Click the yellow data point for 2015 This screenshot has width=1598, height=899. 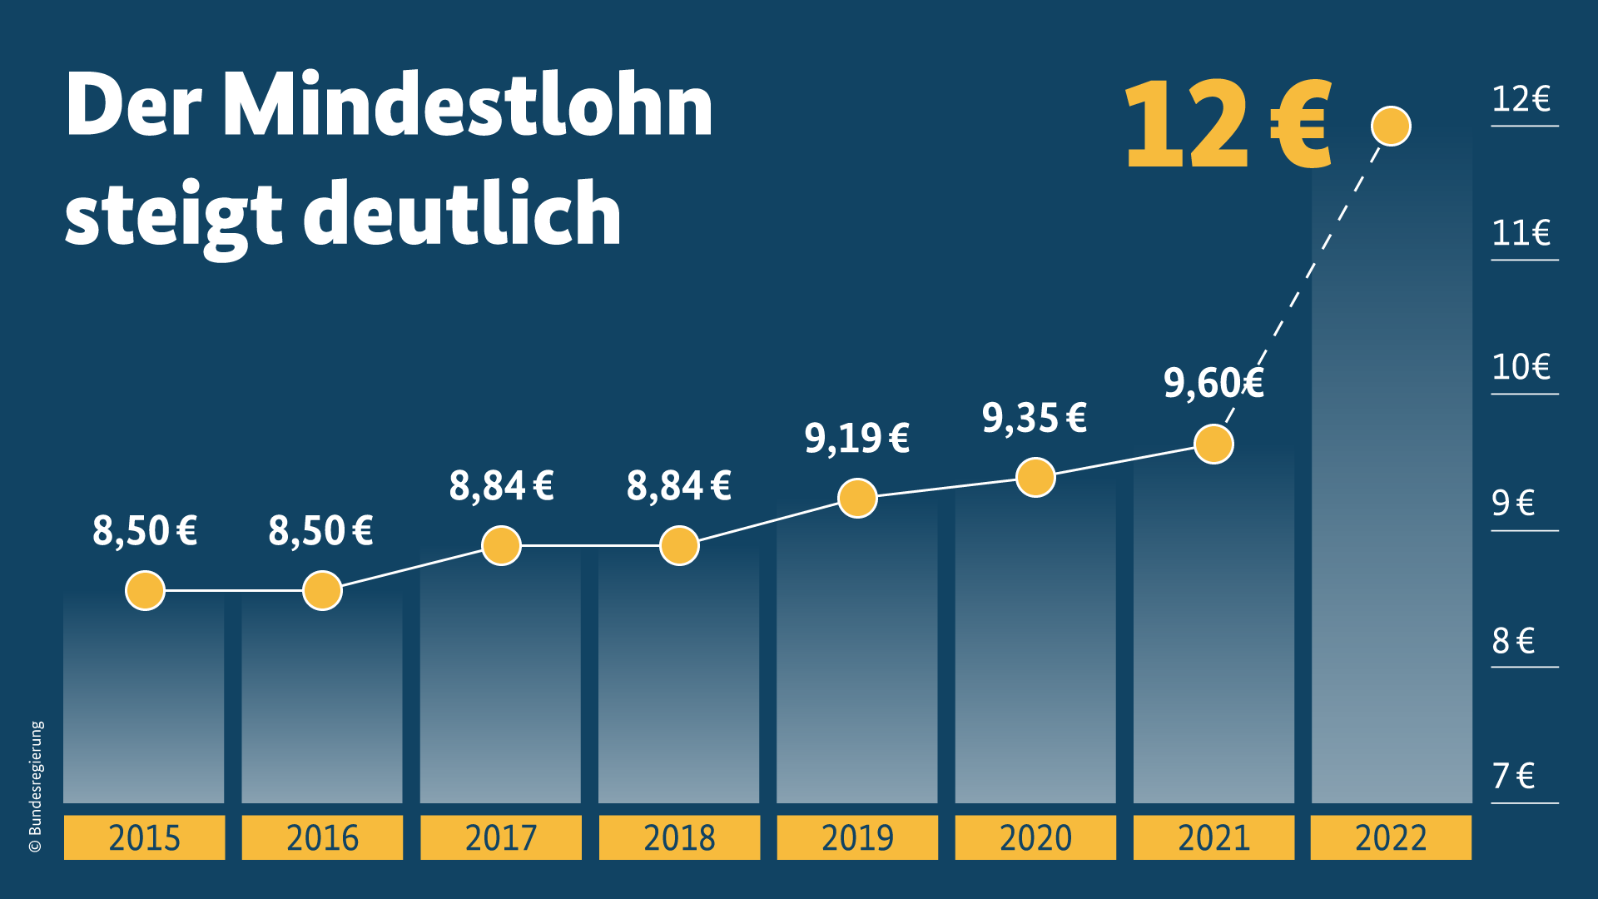(x=145, y=591)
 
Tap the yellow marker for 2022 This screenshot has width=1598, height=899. (x=1391, y=127)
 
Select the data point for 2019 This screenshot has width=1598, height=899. (x=857, y=499)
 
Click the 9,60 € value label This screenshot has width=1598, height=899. (x=1213, y=384)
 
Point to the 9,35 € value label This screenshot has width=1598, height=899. (x=1034, y=418)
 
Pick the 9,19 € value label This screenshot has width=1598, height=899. (x=856, y=438)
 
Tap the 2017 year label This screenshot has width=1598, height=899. (x=501, y=837)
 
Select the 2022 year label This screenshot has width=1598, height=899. (x=1391, y=837)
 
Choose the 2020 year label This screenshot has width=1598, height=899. (x=1035, y=837)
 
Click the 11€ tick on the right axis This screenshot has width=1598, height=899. (x=1521, y=234)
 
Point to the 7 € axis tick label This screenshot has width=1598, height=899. (x=1513, y=777)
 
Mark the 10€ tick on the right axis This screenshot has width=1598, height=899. (x=1521, y=368)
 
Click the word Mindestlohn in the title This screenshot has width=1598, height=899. (x=468, y=106)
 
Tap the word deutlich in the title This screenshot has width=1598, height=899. (x=463, y=214)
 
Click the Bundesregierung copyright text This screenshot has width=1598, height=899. (x=36, y=787)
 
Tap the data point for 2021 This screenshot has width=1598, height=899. (x=1213, y=445)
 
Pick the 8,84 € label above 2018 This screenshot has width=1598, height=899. (x=678, y=486)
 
